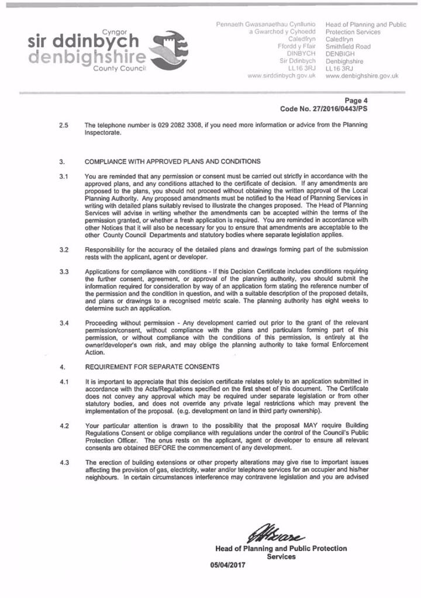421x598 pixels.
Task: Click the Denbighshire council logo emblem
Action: pyautogui.click(x=170, y=47)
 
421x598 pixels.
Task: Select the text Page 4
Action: pyautogui.click(x=357, y=100)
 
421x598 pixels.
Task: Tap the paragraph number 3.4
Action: pyautogui.click(x=64, y=323)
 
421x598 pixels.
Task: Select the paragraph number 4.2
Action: pyautogui.click(x=64, y=426)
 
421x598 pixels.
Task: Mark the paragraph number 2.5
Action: pyautogui.click(x=64, y=125)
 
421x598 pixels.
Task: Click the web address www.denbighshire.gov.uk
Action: pyautogui.click(x=362, y=76)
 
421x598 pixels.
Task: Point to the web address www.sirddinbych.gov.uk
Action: pyautogui.click(x=282, y=76)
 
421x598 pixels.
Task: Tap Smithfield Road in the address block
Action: pyautogui.click(x=348, y=46)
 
